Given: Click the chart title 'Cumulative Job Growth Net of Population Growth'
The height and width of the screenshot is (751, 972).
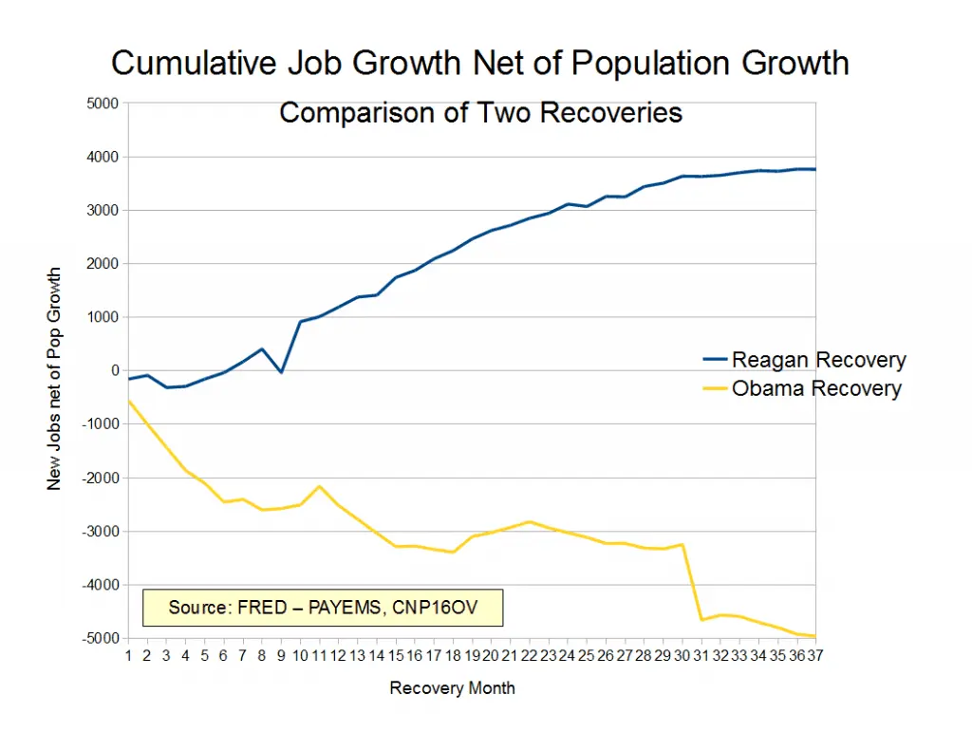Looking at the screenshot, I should coord(479,64).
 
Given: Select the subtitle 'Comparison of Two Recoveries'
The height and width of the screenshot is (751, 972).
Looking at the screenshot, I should coord(480,113).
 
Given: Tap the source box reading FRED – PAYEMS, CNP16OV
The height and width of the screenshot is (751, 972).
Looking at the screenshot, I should coord(322,607).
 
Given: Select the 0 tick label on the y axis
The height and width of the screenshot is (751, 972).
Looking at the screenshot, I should coord(114,370).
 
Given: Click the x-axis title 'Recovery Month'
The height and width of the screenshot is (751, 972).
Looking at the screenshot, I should coord(452,687).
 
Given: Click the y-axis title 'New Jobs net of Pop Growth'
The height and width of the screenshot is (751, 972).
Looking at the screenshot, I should coord(54,378).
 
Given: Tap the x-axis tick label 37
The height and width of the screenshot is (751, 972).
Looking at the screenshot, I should coord(813,654).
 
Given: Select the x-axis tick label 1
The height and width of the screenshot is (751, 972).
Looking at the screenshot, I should coord(129,654).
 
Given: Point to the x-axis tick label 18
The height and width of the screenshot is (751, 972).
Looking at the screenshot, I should coord(452,654).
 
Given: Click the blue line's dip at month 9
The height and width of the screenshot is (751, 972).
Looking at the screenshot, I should coord(281,372).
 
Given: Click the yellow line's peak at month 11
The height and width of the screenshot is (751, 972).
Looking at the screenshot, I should coord(319,486).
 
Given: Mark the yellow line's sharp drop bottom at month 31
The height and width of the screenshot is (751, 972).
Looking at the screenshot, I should coord(701,619).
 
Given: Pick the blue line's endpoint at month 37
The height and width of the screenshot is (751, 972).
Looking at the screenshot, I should coord(814,169).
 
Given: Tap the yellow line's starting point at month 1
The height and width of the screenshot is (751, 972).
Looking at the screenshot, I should coord(129,401).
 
